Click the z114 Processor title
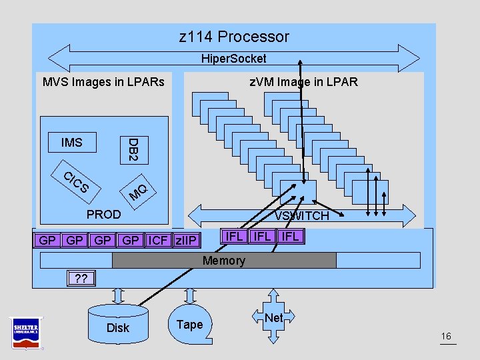(234, 37)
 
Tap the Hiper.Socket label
(233, 59)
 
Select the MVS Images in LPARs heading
(103, 82)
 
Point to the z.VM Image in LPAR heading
(303, 82)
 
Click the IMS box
(71, 142)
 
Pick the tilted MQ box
(138, 191)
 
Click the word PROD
(104, 214)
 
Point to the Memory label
(224, 261)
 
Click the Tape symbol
(189, 324)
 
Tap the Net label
(273, 318)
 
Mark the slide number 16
(447, 337)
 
